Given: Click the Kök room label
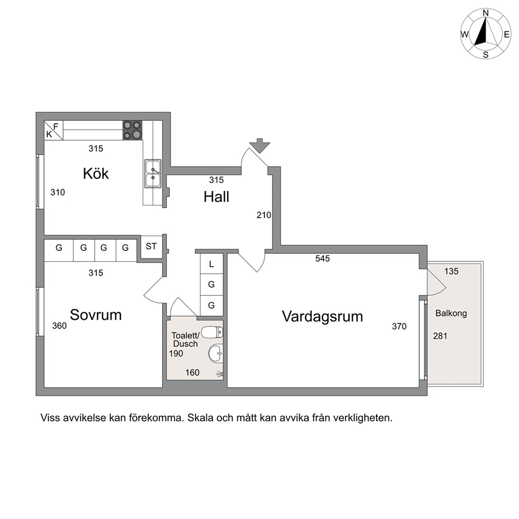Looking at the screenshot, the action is [x=96, y=174].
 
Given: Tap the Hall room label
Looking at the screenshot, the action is [x=216, y=197].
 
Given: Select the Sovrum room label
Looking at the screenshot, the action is [x=96, y=315].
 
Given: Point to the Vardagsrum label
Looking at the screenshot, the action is [x=322, y=317].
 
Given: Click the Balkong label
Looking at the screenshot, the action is [x=451, y=313].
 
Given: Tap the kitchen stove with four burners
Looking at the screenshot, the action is [x=132, y=130].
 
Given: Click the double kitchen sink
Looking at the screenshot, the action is [x=153, y=174].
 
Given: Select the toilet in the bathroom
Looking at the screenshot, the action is [x=212, y=332].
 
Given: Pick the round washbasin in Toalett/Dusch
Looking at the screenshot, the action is [x=216, y=354].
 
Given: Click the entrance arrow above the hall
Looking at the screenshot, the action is [x=259, y=145].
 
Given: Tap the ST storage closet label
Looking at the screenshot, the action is [x=151, y=246].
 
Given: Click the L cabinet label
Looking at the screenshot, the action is [x=211, y=264].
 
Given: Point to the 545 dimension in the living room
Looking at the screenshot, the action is [x=322, y=258].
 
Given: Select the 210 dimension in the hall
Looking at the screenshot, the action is [x=264, y=215].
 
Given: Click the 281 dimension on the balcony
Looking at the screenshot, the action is [x=440, y=336].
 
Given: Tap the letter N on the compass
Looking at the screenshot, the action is [x=486, y=13].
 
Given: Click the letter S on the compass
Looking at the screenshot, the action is [x=486, y=55].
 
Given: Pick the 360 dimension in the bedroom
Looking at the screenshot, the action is [x=59, y=326].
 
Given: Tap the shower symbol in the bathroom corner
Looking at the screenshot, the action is [x=220, y=375].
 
